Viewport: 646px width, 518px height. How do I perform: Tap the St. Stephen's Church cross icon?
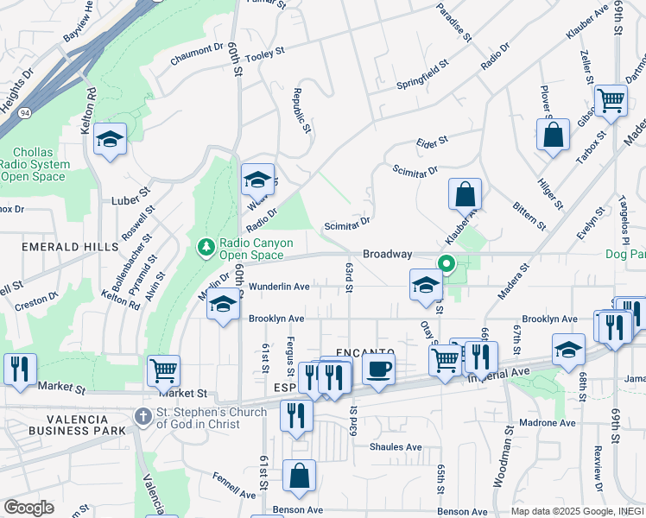coord(144,417)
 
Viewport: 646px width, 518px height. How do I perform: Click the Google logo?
coord(29,508)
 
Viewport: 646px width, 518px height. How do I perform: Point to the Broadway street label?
coord(387,254)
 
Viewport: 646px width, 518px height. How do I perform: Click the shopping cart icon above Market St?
coord(163,370)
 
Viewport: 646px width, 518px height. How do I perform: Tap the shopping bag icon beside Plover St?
coord(553,135)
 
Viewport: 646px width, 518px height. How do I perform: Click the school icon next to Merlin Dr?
coord(223,304)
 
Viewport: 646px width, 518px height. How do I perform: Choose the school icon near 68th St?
coord(568,350)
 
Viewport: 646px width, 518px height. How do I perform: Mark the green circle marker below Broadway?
coord(446,265)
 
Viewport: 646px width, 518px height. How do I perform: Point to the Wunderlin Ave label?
coord(279,287)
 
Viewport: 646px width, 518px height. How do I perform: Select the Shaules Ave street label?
coord(396,447)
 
